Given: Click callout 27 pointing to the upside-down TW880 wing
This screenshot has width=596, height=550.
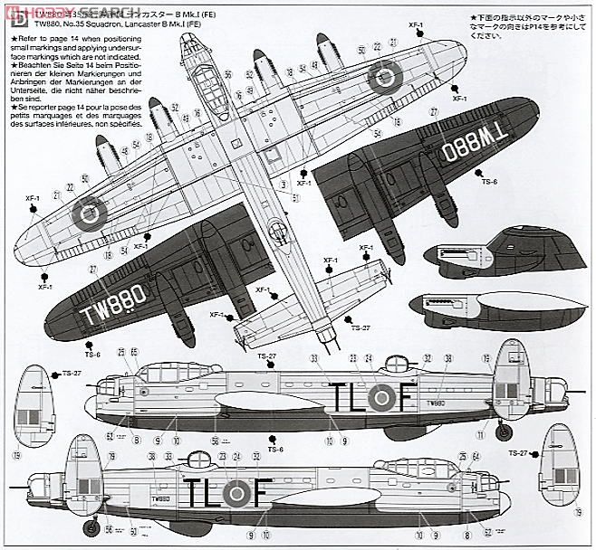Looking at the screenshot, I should [x=434, y=111].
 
